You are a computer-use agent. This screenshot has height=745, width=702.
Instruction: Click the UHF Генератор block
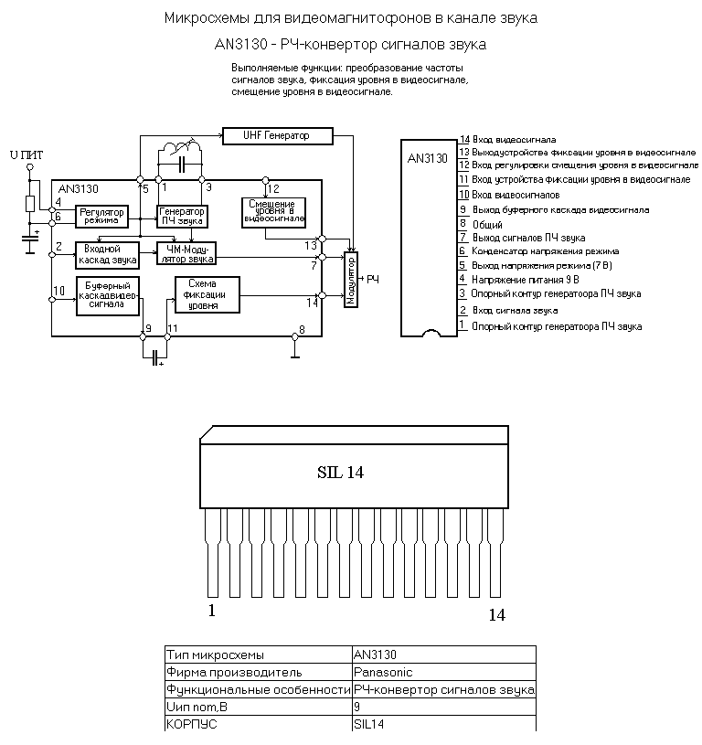pyautogui.click(x=278, y=136)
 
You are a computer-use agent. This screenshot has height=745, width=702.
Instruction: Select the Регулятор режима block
pyautogui.click(x=101, y=216)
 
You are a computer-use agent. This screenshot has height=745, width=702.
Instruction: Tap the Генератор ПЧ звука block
pyautogui.click(x=182, y=216)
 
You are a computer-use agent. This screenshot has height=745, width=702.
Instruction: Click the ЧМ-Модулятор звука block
pyautogui.click(x=186, y=253)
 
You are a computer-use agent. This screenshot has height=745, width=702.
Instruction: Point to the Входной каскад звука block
pyautogui.click(x=107, y=255)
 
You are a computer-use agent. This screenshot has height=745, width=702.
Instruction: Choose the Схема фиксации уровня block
pyautogui.click(x=207, y=294)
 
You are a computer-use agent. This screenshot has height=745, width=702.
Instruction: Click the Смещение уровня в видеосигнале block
pyautogui.click(x=273, y=212)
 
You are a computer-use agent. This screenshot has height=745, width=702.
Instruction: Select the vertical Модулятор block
pyautogui.click(x=350, y=280)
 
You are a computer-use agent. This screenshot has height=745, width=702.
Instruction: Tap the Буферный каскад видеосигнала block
pyautogui.click(x=108, y=296)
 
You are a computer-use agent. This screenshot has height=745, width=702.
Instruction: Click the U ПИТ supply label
pyautogui.click(x=27, y=154)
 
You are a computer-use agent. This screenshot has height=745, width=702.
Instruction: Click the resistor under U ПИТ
pyautogui.click(x=30, y=203)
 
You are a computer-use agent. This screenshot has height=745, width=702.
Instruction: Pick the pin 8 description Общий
pyautogui.click(x=487, y=225)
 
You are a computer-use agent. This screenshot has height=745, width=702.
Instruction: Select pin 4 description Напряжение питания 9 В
pyautogui.click(x=526, y=280)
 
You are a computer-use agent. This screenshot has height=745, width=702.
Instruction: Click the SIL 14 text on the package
pyautogui.click(x=340, y=473)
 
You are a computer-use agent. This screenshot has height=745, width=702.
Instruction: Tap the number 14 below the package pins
pyautogui.click(x=497, y=615)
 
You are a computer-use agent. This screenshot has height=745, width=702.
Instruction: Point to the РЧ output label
pyautogui.click(x=373, y=280)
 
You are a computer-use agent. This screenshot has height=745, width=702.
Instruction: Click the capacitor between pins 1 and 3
pyautogui.click(x=181, y=165)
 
